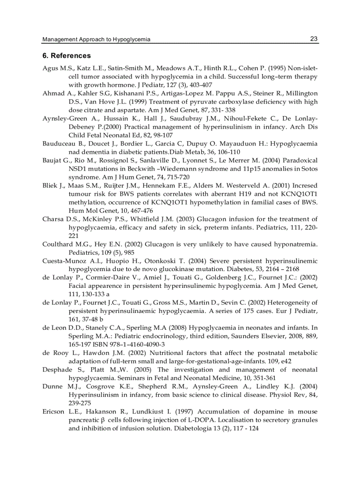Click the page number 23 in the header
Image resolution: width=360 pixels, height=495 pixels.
314,39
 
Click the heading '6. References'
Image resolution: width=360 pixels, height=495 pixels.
67,56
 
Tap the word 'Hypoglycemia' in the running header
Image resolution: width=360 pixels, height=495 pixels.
132,40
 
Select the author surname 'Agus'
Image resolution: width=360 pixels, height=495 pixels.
50,68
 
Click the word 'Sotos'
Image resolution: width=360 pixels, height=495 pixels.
309,169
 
